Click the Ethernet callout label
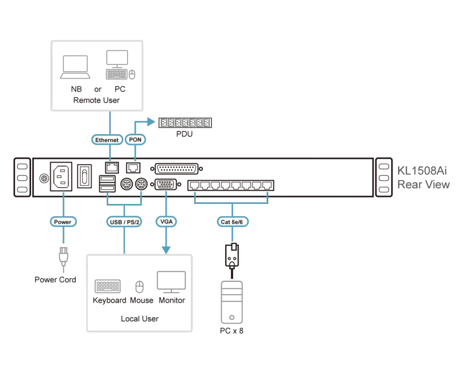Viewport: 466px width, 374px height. coord(107,140)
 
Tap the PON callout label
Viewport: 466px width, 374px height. coord(135,140)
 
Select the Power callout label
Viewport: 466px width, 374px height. coord(63,222)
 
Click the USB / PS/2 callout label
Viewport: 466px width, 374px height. coord(124,222)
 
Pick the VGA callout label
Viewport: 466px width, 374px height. coord(166,221)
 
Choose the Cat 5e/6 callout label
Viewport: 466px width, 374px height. coord(233,222)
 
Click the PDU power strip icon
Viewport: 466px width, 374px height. coord(185,123)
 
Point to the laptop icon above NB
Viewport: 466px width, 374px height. coord(75,67)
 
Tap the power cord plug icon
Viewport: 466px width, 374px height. coord(63,257)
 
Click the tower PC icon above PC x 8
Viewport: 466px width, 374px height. coord(232,302)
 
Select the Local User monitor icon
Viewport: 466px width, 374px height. coord(171,282)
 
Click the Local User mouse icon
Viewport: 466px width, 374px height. coord(139,287)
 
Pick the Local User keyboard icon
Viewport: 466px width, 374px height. coord(108,286)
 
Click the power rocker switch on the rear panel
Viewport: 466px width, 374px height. coord(84,176)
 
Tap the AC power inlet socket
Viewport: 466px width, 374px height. coord(61,176)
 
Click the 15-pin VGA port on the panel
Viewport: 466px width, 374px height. coord(166,185)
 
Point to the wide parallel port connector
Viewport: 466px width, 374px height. coord(177,169)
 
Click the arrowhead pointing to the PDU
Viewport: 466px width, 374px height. coord(151,122)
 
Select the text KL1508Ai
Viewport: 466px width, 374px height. coord(422,171)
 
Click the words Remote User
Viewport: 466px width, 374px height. coord(96,100)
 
